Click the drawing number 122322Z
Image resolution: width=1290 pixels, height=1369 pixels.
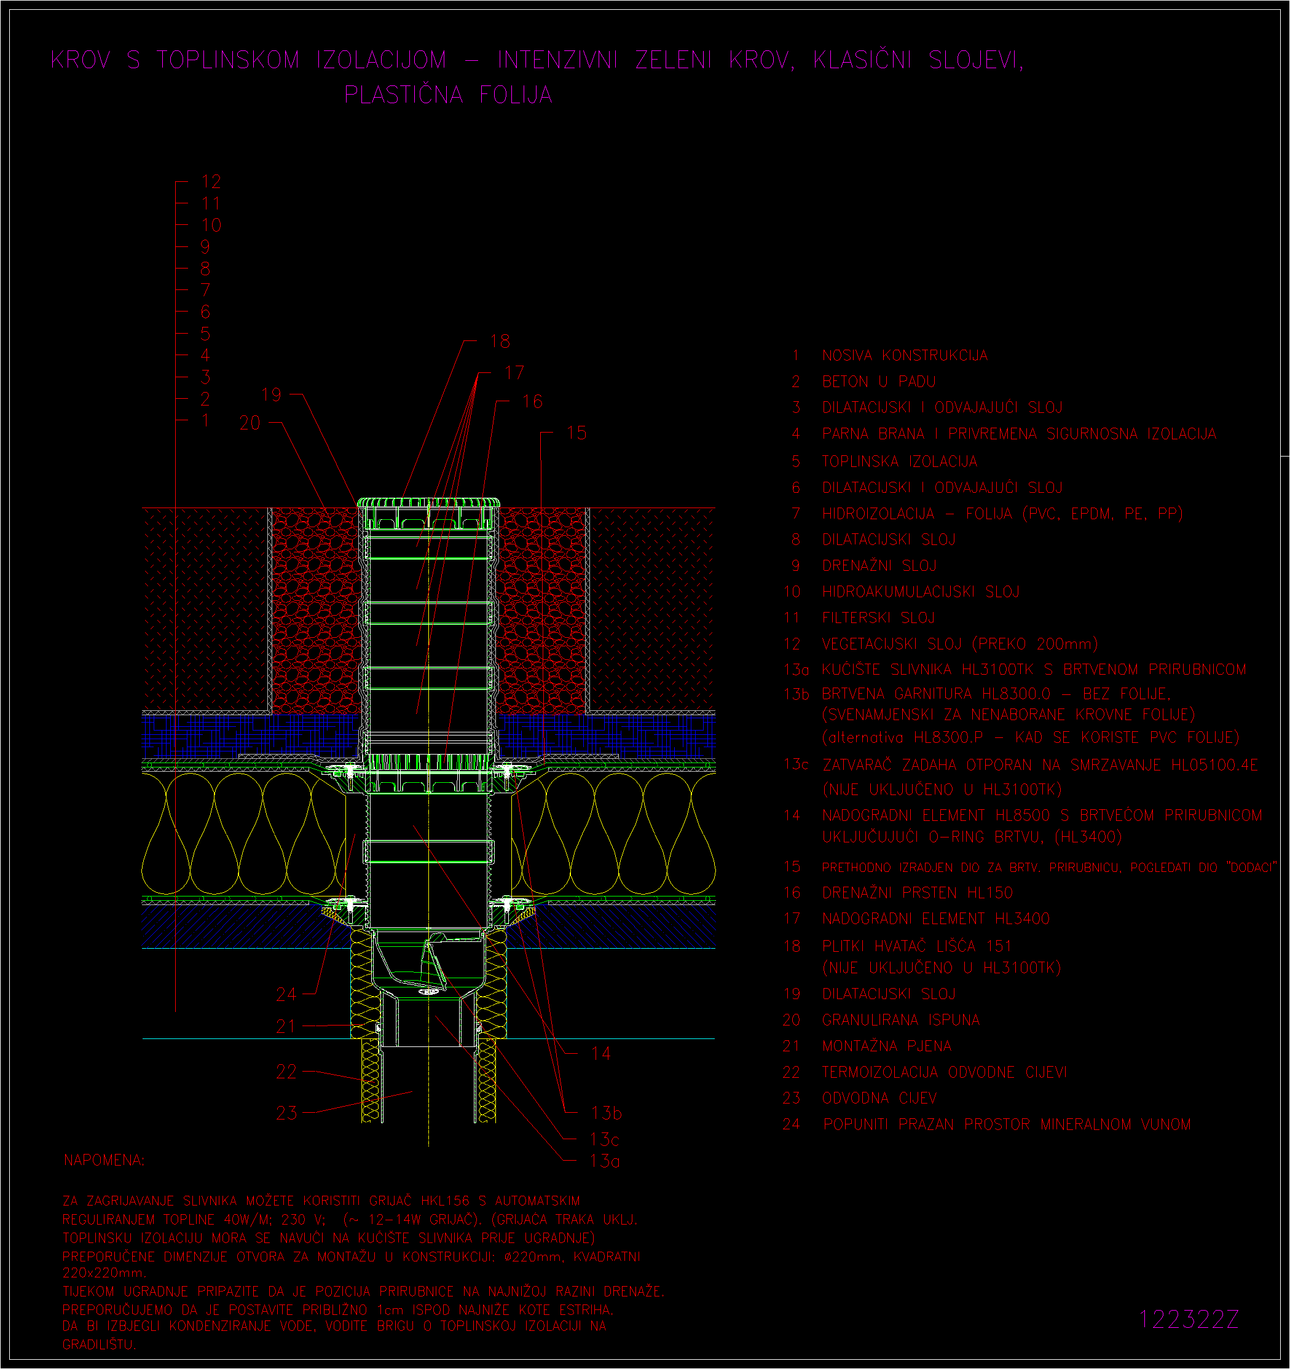1189,1319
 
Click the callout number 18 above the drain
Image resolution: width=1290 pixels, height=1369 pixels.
500,341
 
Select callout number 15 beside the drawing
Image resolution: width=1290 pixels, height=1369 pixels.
576,433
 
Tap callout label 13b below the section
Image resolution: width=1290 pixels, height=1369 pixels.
606,1113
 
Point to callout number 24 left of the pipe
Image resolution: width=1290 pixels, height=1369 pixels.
286,994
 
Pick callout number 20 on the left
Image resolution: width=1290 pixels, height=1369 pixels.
250,423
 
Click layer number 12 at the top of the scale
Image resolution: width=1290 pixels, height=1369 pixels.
211,181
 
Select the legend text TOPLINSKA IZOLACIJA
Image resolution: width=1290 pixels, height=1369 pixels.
900,461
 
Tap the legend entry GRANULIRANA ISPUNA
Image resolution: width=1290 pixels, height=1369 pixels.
901,1020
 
